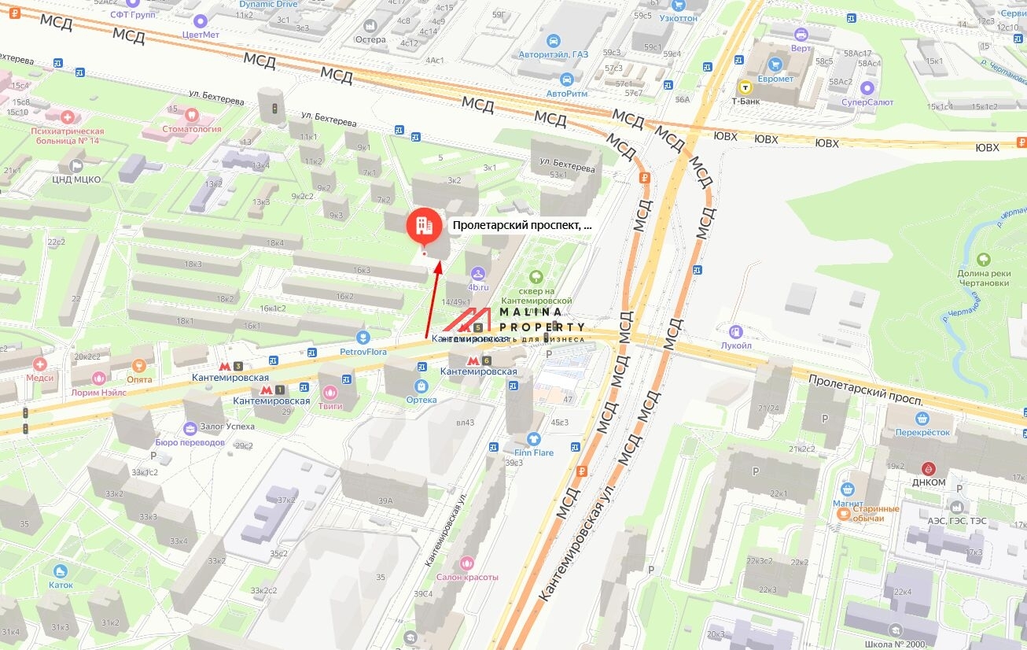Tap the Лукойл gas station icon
[x=736, y=332]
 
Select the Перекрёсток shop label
[x=922, y=432]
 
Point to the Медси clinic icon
[x=40, y=364]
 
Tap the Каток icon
[x=61, y=571]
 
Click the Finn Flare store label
[x=534, y=452]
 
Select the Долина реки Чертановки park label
[x=983, y=278]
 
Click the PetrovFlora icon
[x=363, y=338]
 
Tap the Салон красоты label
[x=468, y=577]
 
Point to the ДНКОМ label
[x=929, y=482]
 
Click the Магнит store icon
[x=847, y=489]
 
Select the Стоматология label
[x=192, y=129]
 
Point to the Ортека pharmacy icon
[x=421, y=386]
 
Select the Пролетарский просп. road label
[x=864, y=389]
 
